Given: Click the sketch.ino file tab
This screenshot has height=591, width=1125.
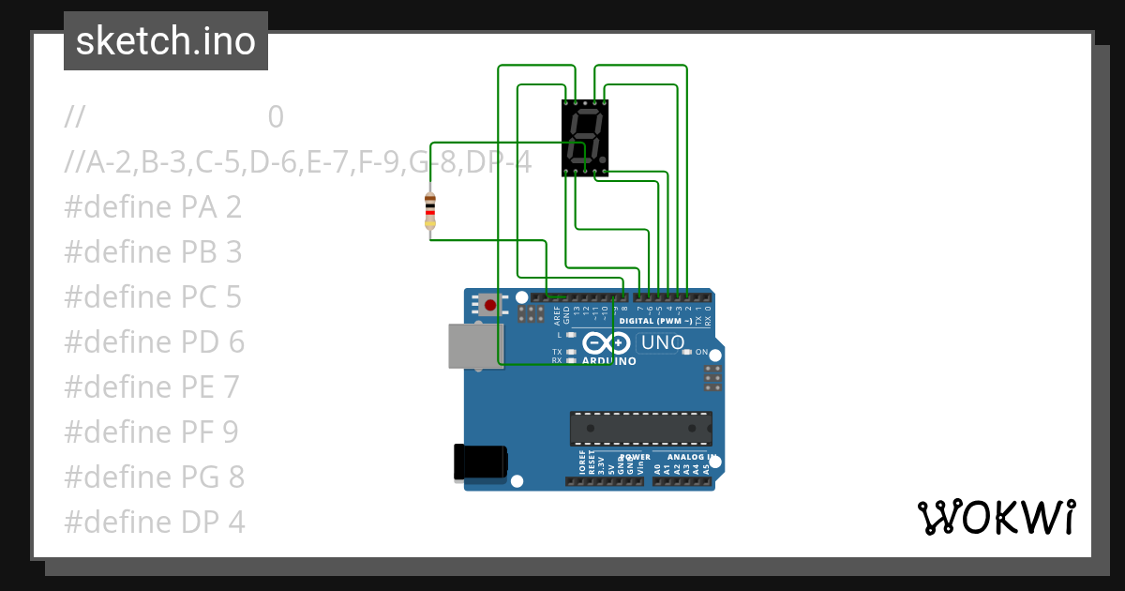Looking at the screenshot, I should point(165,41).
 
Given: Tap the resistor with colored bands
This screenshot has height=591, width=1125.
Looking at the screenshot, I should point(430,210).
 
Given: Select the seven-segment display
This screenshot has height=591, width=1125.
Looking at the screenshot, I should point(585,138).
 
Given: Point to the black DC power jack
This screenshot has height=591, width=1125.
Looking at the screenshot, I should point(481,462).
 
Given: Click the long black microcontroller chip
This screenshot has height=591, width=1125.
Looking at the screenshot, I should point(640,428).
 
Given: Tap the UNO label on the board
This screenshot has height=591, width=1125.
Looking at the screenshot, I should point(662,342).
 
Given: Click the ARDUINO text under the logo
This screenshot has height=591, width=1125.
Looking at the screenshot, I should point(609,361).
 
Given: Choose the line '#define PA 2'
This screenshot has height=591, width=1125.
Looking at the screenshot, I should point(153,206).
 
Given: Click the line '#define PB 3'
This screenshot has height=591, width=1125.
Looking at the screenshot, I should point(153,251).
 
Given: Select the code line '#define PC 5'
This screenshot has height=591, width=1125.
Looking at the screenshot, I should point(153,296).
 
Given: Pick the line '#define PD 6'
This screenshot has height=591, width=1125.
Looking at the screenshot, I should point(154,341).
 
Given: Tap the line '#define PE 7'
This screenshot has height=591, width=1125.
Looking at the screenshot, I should point(152,386).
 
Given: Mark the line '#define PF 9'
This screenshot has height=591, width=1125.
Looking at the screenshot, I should point(151,432).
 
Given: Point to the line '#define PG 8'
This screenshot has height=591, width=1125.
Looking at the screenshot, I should point(154,477).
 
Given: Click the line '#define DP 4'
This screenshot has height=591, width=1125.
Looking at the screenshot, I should point(155,522).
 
